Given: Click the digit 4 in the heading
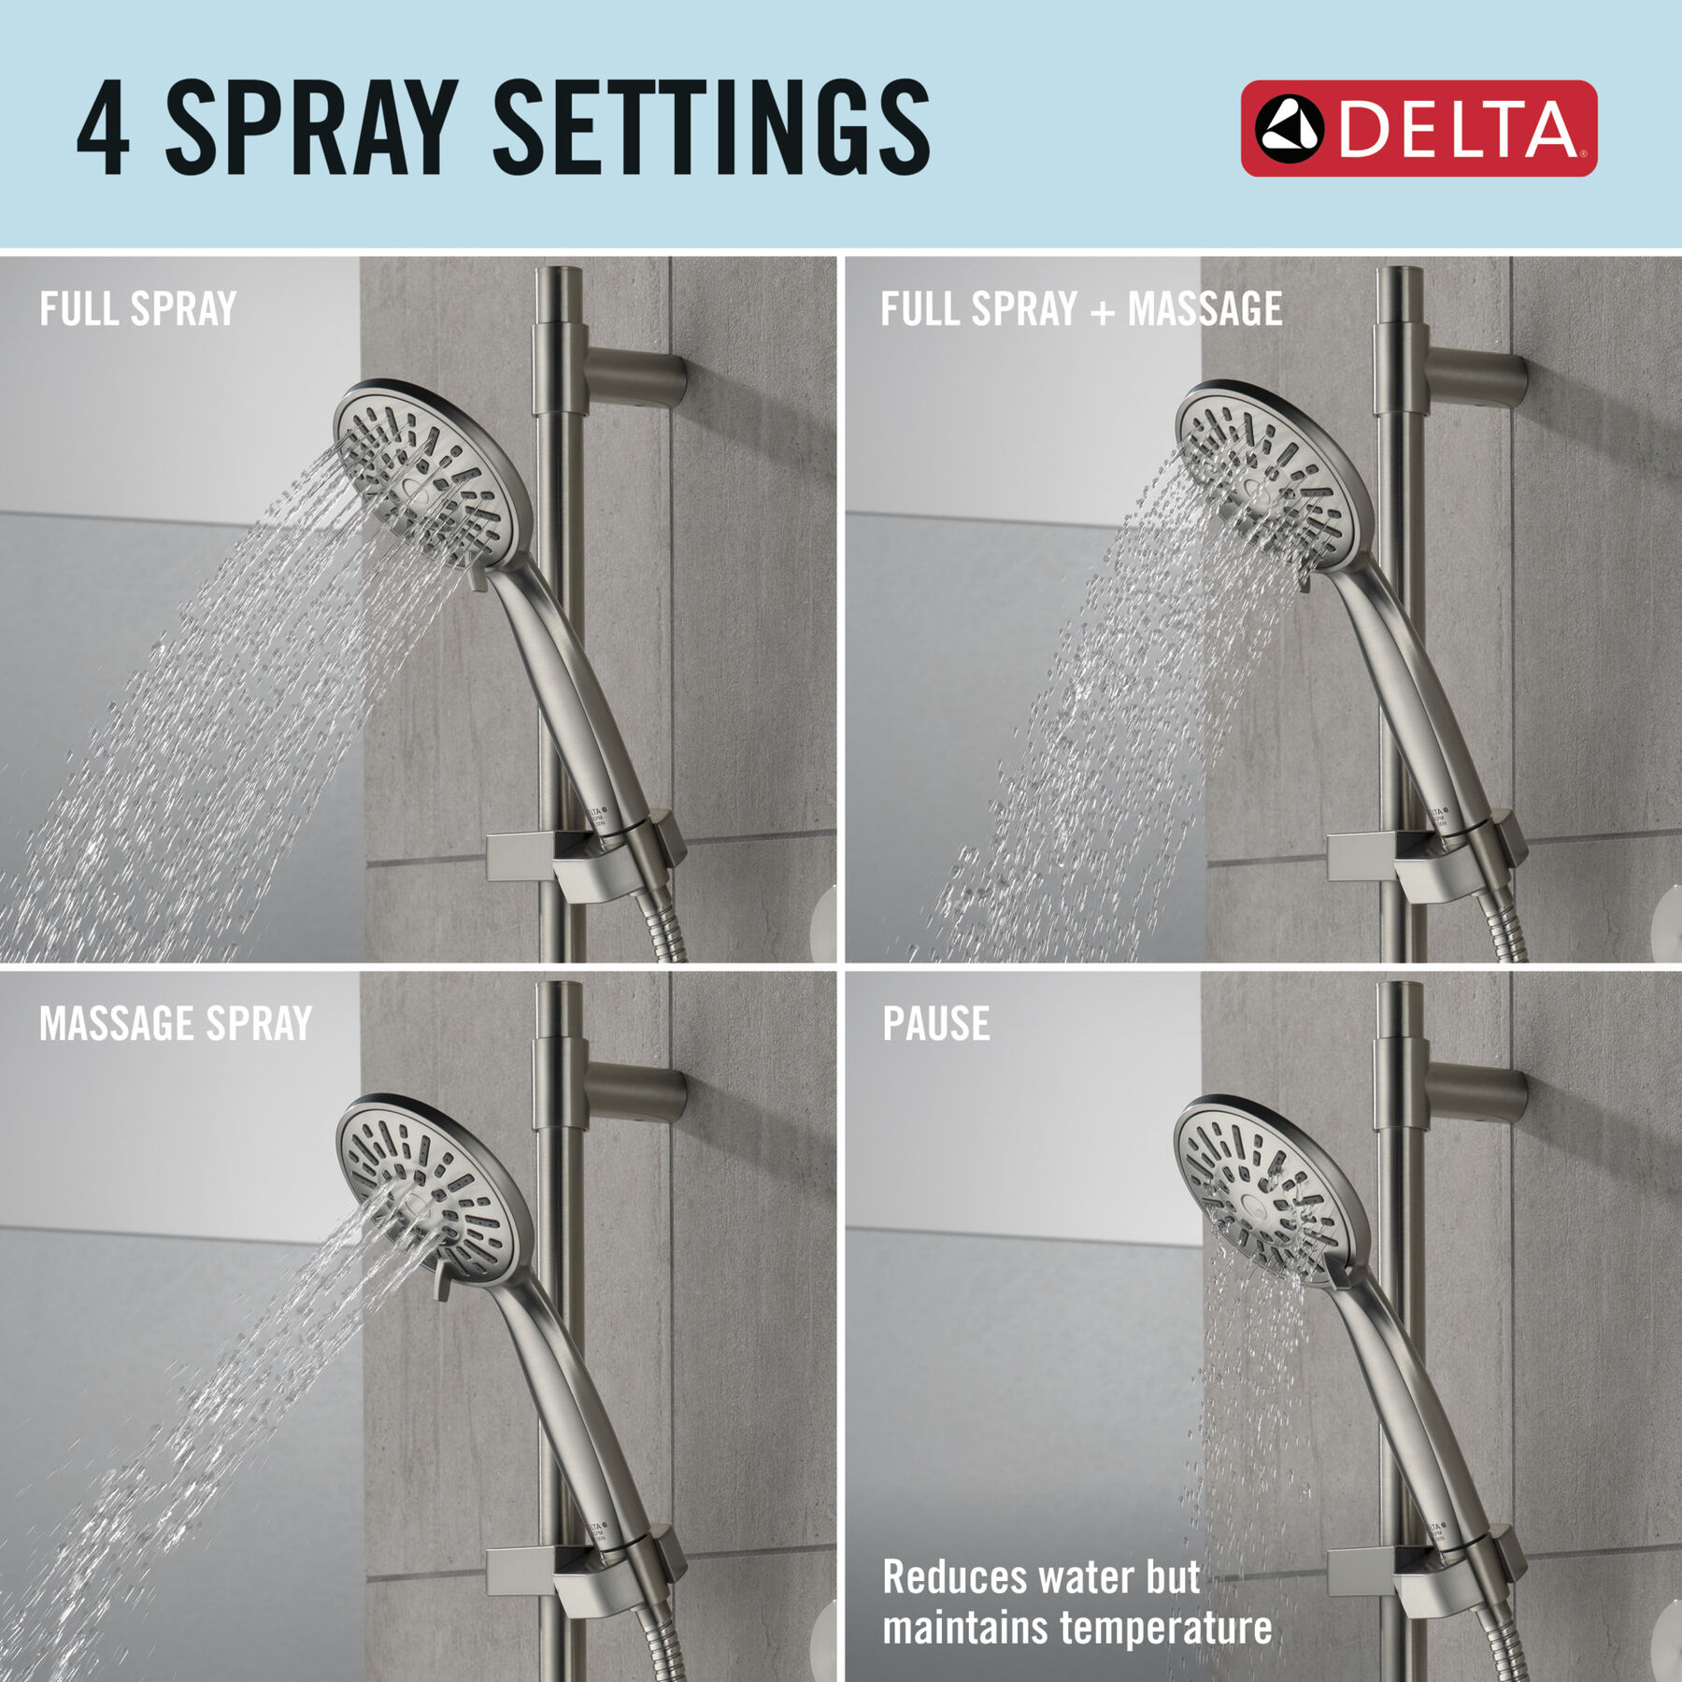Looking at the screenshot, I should click(103, 128).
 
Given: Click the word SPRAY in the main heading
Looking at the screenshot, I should click(311, 128).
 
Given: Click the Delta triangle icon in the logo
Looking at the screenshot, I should click(1289, 129).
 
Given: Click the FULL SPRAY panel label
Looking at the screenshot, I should click(137, 309).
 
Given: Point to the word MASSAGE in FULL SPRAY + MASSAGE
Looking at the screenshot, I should click(1204, 309).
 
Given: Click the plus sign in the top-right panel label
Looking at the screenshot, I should click(1103, 312).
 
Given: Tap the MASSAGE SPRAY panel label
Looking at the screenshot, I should click(176, 1024).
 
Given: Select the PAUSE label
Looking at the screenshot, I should click(936, 1024).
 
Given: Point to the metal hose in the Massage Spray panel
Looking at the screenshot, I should click(668, 1645).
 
